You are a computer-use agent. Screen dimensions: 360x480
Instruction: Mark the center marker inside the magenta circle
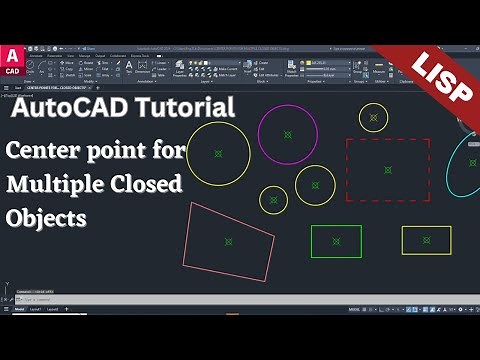click(287, 133)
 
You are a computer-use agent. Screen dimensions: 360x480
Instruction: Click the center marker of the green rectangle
click(336, 241)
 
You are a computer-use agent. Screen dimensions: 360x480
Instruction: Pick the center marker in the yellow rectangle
click(426, 240)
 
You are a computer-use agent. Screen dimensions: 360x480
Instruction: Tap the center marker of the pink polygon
click(229, 240)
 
